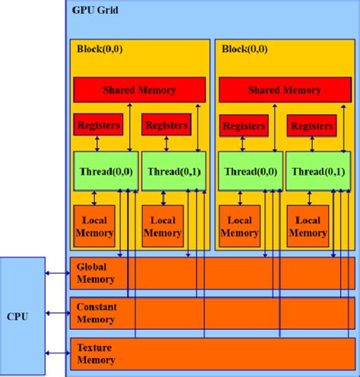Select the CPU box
(x=22, y=315)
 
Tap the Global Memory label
(x=96, y=273)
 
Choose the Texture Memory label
(x=95, y=353)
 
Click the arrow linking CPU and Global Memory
(x=57, y=273)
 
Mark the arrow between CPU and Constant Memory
(x=57, y=312)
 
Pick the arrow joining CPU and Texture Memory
(x=57, y=352)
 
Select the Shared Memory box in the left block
(x=139, y=90)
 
